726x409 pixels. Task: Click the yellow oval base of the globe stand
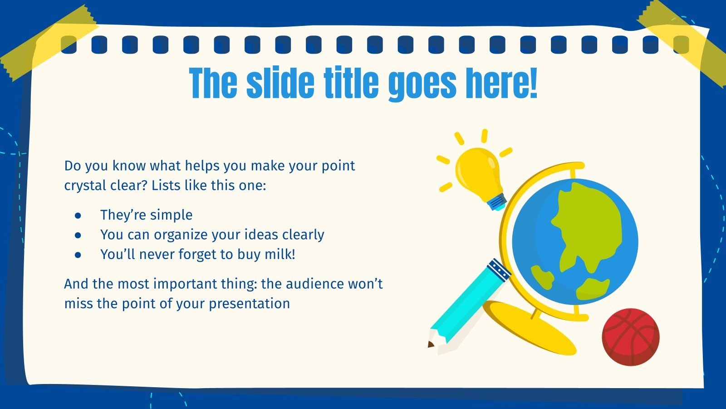[x=531, y=327]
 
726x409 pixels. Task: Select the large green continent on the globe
[x=585, y=227]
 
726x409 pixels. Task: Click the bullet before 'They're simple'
[x=78, y=215]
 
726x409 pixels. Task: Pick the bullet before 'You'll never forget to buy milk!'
[x=78, y=255]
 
